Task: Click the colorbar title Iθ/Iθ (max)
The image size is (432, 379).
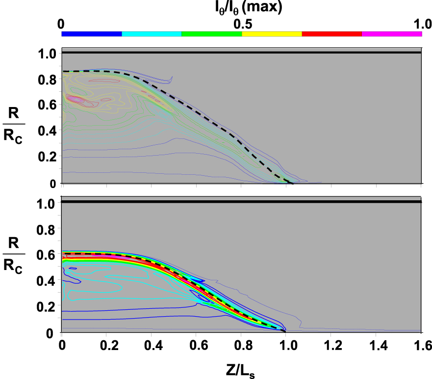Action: (249, 8)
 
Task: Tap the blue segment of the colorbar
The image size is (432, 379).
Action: (92, 34)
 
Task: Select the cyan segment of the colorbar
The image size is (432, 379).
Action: (152, 34)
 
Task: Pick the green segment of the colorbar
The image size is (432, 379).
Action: (212, 34)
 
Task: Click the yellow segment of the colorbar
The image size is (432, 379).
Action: (272, 34)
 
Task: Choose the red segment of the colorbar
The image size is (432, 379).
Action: (331, 34)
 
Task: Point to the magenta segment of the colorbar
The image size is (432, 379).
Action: (392, 34)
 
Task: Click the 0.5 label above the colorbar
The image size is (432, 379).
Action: (243, 24)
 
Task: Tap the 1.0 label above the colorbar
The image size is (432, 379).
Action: (423, 24)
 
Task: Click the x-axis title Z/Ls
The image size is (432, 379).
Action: (240, 371)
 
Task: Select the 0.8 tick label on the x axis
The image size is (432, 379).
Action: (243, 345)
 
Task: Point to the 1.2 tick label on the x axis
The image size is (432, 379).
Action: (333, 345)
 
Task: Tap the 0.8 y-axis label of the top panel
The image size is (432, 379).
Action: (47, 80)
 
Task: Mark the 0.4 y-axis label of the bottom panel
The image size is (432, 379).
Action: (46, 281)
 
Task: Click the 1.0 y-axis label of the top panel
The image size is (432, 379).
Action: (48, 54)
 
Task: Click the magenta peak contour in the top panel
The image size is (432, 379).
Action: (74, 99)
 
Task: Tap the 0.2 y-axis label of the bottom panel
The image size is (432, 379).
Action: (46, 307)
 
